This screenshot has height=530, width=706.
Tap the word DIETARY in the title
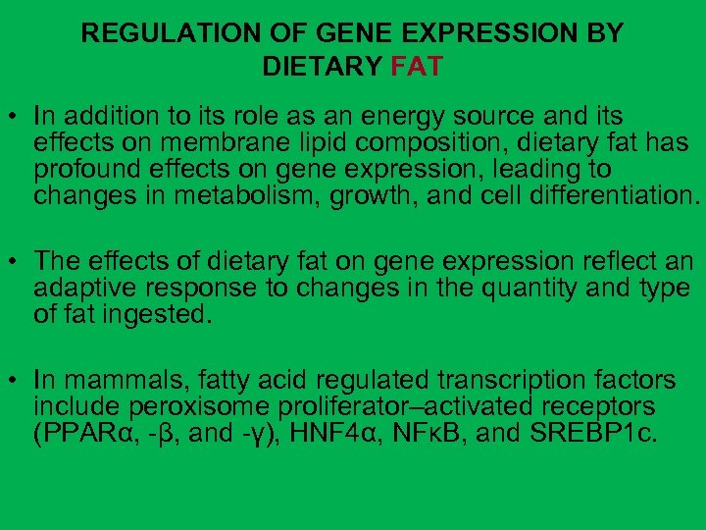click(323, 67)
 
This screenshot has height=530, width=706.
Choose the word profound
click(84, 169)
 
